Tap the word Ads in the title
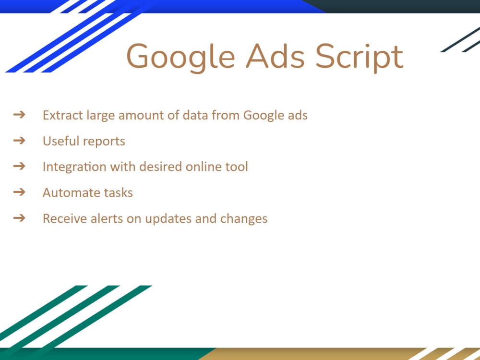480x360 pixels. tap(276, 56)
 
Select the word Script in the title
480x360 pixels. tap(360, 57)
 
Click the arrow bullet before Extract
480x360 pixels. tap(19, 115)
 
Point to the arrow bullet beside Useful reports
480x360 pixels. tap(19, 141)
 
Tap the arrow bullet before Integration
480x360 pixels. tap(19, 166)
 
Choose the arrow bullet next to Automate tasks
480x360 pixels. tap(19, 192)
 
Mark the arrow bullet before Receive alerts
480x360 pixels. tap(19, 218)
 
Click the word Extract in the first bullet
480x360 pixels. tap(62, 115)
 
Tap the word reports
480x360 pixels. tap(104, 142)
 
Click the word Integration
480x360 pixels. tap(74, 167)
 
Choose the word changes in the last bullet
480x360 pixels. tap(244, 219)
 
